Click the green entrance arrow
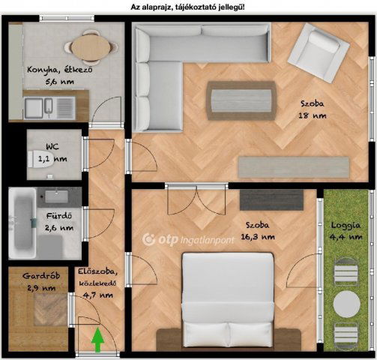(97, 340)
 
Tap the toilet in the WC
(40, 159)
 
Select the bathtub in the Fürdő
(22, 223)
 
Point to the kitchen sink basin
(34, 108)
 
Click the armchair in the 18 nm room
(319, 52)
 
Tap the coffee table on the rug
(241, 100)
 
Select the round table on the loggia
(347, 304)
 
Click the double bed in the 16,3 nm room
(228, 301)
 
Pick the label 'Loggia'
(346, 226)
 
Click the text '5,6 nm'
(60, 81)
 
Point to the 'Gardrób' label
(41, 276)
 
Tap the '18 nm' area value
(313, 115)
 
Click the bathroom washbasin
(56, 196)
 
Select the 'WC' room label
(52, 146)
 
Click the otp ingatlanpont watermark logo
(188, 240)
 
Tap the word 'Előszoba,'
(97, 271)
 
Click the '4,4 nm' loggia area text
(346, 236)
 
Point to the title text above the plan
(187, 7)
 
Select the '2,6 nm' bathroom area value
(59, 227)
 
